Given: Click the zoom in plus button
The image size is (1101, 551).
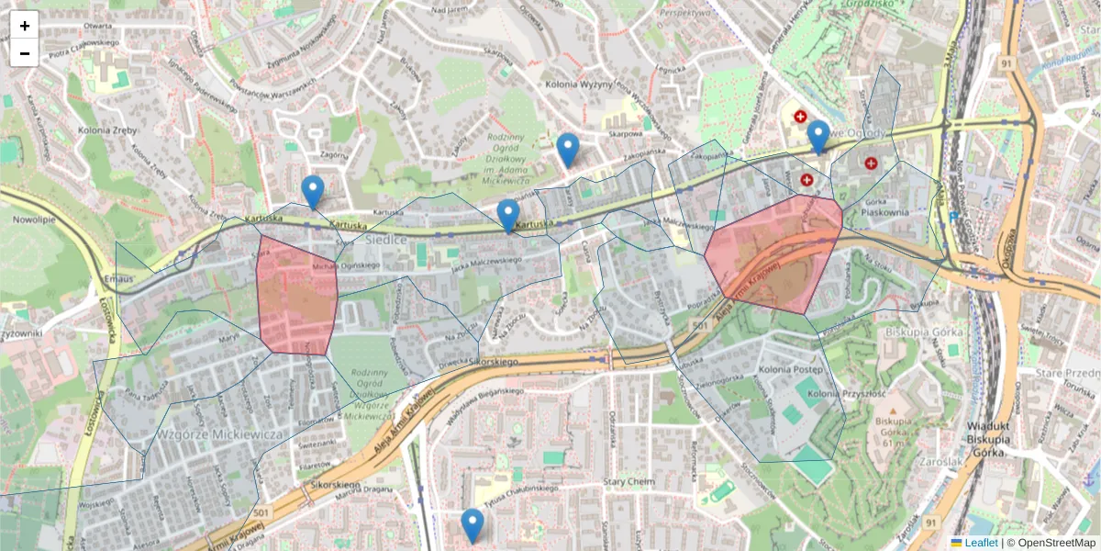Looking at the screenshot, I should click(25, 26).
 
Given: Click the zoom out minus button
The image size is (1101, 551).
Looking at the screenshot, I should click(25, 53).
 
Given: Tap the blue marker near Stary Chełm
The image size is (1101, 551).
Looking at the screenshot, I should click(473, 525).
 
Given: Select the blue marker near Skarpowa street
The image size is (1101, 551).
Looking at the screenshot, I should click(568, 150).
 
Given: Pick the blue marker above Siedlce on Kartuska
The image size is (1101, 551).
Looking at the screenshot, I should click(507, 216).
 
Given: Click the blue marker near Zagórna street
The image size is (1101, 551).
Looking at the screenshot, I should click(313, 192).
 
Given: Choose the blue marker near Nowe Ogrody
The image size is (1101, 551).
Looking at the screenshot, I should click(818, 137).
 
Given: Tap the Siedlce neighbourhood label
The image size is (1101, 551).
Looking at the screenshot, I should click(385, 239).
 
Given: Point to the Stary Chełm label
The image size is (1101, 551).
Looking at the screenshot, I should click(628, 481).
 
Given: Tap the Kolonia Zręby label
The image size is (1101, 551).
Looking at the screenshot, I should click(107, 130).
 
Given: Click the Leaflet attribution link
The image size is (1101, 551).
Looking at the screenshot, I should click(981, 543).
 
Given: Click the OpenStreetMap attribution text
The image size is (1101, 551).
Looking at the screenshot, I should click(1055, 543).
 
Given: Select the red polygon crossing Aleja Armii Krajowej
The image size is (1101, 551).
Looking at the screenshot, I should click(776, 253).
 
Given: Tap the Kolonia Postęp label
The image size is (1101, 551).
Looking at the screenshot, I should click(790, 368).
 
